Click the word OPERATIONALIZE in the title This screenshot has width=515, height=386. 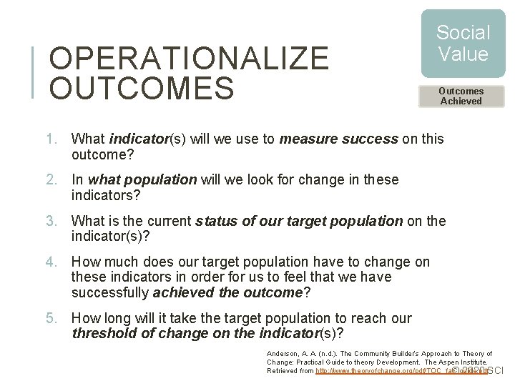189,59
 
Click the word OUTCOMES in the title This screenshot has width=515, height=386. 142,89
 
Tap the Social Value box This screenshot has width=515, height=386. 463,44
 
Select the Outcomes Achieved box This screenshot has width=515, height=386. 461,96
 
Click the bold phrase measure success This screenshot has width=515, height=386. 338,139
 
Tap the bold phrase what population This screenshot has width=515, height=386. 142,180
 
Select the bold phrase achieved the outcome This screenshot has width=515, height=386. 228,292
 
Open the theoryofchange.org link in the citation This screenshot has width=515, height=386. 401,371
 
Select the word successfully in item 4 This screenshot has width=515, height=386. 110,292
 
